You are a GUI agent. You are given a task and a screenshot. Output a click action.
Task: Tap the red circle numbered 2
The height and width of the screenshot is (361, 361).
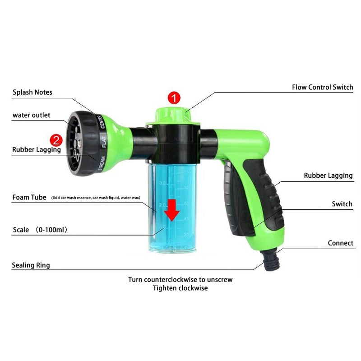click(x=56, y=139)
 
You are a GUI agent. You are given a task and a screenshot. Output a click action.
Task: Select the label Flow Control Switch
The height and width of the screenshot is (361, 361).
click(x=322, y=87)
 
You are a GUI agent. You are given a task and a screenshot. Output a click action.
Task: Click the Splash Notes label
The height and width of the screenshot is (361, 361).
click(x=32, y=92)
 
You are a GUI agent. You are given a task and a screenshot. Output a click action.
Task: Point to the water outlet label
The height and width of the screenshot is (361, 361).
click(x=31, y=115)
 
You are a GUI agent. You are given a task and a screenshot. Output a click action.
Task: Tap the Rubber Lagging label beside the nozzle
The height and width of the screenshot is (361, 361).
click(x=36, y=149)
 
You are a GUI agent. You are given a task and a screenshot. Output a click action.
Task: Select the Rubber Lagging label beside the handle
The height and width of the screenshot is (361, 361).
click(x=328, y=176)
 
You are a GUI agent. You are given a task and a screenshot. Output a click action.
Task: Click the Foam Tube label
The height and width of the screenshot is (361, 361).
click(x=29, y=198)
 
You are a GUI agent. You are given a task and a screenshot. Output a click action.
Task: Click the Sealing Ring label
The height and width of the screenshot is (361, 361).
click(x=31, y=265)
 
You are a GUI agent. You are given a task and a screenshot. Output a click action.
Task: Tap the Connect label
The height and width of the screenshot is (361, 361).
click(x=340, y=243)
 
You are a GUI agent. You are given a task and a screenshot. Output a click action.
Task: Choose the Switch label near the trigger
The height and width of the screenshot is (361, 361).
click(x=342, y=204)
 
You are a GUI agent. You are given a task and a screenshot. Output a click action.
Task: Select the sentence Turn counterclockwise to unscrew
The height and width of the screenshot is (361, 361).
click(x=180, y=280)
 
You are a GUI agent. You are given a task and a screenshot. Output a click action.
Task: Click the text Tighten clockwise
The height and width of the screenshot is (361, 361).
click(x=180, y=288)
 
